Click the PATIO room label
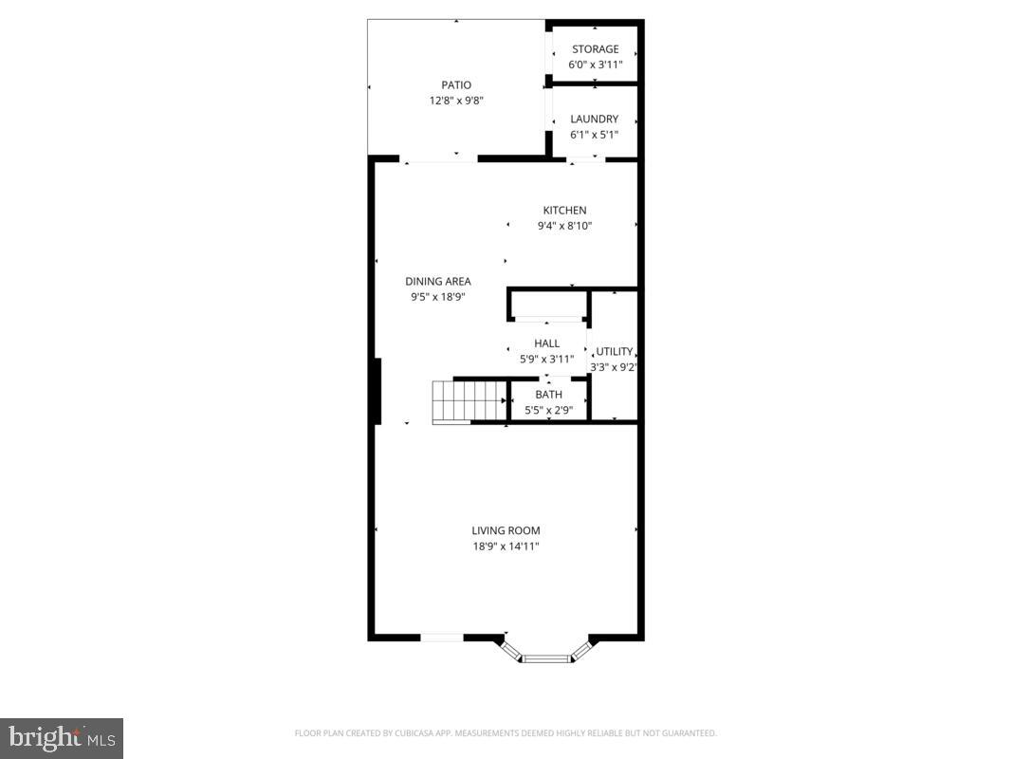pyautogui.click(x=455, y=85)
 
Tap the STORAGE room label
pyautogui.click(x=595, y=49)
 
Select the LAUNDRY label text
pyautogui.click(x=594, y=120)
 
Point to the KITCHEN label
pyautogui.click(x=564, y=211)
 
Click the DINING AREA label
pyautogui.click(x=438, y=281)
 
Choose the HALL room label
pyautogui.click(x=546, y=343)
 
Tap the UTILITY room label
pyautogui.click(x=614, y=352)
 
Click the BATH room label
pyautogui.click(x=548, y=395)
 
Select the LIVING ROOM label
pyautogui.click(x=506, y=531)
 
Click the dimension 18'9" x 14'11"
pyautogui.click(x=506, y=546)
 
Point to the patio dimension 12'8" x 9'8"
pyautogui.click(x=455, y=101)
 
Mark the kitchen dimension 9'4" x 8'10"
pyautogui.click(x=564, y=226)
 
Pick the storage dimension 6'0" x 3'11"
pyautogui.click(x=595, y=65)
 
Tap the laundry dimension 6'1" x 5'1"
pyautogui.click(x=594, y=135)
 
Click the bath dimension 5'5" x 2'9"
pyautogui.click(x=548, y=410)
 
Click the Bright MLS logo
pyautogui.click(x=62, y=738)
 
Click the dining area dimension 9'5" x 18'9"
pyautogui.click(x=438, y=296)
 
